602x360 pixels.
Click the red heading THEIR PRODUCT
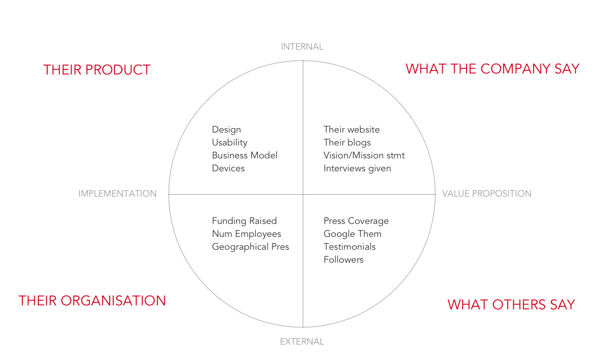tap(97, 70)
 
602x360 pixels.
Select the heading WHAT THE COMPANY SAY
tap(492, 69)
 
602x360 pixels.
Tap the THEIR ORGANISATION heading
tap(92, 301)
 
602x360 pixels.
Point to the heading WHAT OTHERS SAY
tap(511, 305)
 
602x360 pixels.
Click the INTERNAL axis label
tap(302, 47)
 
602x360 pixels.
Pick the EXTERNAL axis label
tap(302, 342)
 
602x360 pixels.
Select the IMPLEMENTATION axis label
tap(117, 194)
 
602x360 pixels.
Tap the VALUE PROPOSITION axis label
tap(486, 194)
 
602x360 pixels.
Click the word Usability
tap(229, 143)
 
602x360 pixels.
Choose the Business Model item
tap(245, 155)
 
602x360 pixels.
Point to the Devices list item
tap(228, 168)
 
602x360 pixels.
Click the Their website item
tap(351, 130)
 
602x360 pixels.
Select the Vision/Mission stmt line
tap(364, 155)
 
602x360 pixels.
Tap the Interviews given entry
tap(357, 168)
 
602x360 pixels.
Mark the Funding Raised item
tap(244, 221)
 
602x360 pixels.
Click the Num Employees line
tap(246, 234)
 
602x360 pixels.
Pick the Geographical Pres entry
tap(250, 247)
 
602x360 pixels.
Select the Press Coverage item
tap(356, 221)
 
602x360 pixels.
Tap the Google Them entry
tap(352, 234)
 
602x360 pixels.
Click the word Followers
tap(343, 260)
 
